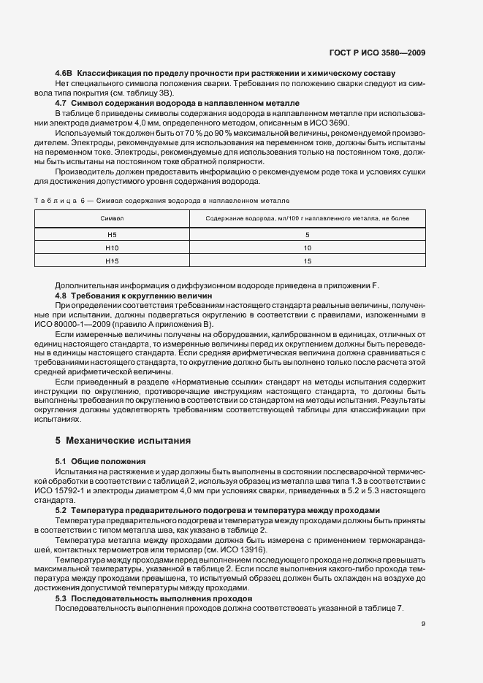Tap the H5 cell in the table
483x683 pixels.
tap(112, 234)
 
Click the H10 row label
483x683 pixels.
tap(112, 247)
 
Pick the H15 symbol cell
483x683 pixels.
tap(112, 261)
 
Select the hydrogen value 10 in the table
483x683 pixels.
tap(307, 247)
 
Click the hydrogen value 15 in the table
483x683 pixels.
tap(307, 261)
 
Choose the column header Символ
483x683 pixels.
tap(112, 218)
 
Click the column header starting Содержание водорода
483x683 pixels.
tap(307, 218)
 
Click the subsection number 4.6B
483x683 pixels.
tap(64, 74)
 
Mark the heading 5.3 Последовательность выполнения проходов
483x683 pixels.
tap(153, 598)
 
